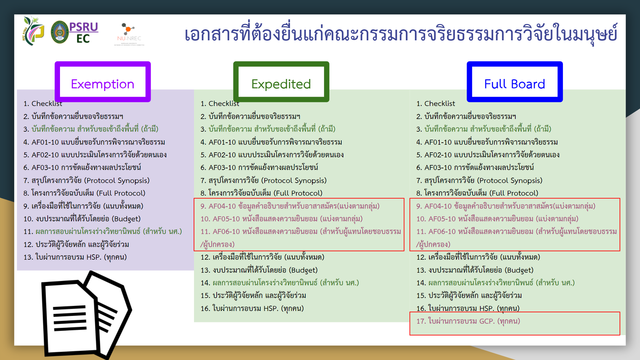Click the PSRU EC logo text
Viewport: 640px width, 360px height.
tap(84, 32)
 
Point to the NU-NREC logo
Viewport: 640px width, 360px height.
tap(129, 34)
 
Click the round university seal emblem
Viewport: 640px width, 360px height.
tap(60, 32)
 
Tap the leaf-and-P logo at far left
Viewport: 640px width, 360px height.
tap(33, 31)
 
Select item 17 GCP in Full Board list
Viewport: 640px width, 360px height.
tap(468, 321)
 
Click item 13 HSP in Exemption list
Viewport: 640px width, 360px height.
tap(75, 257)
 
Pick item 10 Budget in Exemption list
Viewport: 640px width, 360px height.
tap(82, 219)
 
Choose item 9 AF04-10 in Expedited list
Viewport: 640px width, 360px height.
tap(290, 206)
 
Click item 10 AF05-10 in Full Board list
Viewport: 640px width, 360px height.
tap(497, 219)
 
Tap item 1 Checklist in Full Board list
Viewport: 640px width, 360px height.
tap(436, 104)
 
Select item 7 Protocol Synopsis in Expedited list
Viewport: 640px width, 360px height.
tap(263, 181)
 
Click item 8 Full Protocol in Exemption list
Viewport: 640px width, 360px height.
tap(84, 193)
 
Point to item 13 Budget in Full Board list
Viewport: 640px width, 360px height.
tap(475, 270)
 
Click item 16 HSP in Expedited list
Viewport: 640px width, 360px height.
tap(252, 309)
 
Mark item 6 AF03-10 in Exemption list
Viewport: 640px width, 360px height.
tap(82, 168)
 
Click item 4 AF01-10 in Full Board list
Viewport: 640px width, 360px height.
tap(487, 142)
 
